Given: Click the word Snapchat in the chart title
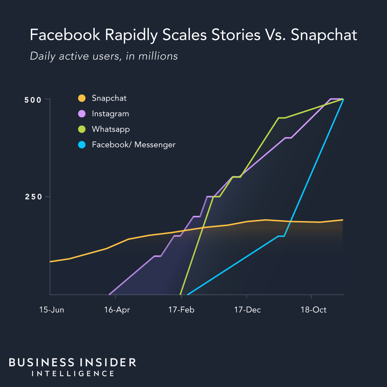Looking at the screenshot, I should [x=324, y=35].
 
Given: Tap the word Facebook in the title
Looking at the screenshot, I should [x=65, y=35].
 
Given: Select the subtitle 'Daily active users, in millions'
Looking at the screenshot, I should [x=104, y=56].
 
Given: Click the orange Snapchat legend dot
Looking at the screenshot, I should [x=82, y=98].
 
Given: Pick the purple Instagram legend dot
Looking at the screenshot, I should [x=82, y=114].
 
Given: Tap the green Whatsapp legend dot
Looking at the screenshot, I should [x=82, y=129].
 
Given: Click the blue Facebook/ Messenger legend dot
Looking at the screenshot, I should [x=82, y=145].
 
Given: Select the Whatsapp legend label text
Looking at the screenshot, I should [x=111, y=129].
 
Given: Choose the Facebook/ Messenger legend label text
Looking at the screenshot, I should [x=133, y=145].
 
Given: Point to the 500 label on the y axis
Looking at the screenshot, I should [x=32, y=99].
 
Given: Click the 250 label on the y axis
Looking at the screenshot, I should [x=32, y=197].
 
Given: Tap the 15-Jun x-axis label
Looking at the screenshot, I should [x=52, y=310].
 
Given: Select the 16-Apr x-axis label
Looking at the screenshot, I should [x=117, y=310].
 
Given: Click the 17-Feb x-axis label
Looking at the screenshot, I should [x=181, y=310].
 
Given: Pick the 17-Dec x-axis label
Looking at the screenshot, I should [x=247, y=310].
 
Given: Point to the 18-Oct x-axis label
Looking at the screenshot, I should [x=313, y=310].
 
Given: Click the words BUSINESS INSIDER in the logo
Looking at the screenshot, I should [x=72, y=362].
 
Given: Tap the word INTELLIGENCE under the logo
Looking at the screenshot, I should [x=73, y=374].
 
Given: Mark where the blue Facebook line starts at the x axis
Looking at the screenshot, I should [x=188, y=295].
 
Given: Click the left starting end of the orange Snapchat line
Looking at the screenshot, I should [x=51, y=262].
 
